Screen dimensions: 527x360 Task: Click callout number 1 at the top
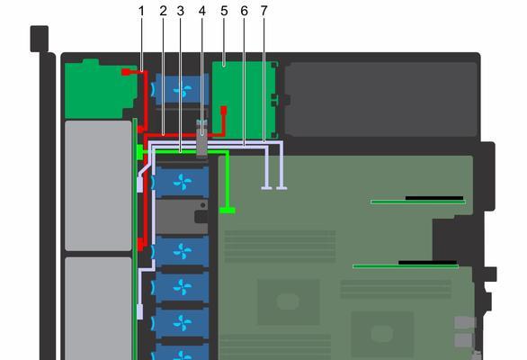coord(141,12)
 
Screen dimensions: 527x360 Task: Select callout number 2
coord(163,12)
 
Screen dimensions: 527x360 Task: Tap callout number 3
coord(181,12)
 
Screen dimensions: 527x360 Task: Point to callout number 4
coord(201,12)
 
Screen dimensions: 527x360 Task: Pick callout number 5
coord(224,12)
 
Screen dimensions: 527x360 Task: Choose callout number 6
coord(245,12)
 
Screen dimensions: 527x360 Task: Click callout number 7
coord(263,12)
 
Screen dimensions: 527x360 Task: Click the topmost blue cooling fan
coord(182,89)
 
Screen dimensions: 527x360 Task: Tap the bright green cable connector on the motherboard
coord(228,211)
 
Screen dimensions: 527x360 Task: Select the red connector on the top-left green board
coord(125,72)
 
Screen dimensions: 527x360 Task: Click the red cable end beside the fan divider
coord(224,110)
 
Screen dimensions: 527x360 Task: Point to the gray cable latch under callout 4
coord(202,139)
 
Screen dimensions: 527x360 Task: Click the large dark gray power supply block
coord(380,99)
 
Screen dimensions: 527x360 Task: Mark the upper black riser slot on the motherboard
coord(434,198)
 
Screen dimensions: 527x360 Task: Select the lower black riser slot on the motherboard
coord(427,262)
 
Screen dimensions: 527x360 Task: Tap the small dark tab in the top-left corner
coord(40,39)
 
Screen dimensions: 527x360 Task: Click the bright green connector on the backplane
coord(139,152)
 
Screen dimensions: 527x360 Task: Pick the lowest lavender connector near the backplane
coord(140,312)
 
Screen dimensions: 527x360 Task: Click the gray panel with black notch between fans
coord(183,217)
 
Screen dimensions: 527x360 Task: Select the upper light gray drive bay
coord(98,185)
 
